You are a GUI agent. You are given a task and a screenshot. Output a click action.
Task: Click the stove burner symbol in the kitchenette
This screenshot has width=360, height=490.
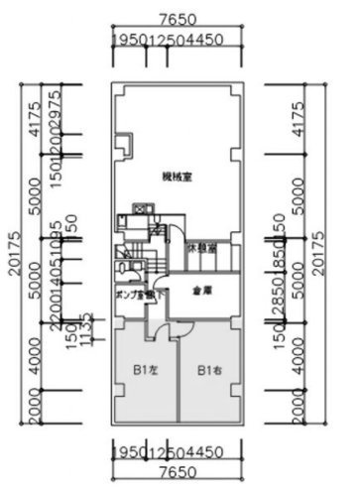click(141, 209)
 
